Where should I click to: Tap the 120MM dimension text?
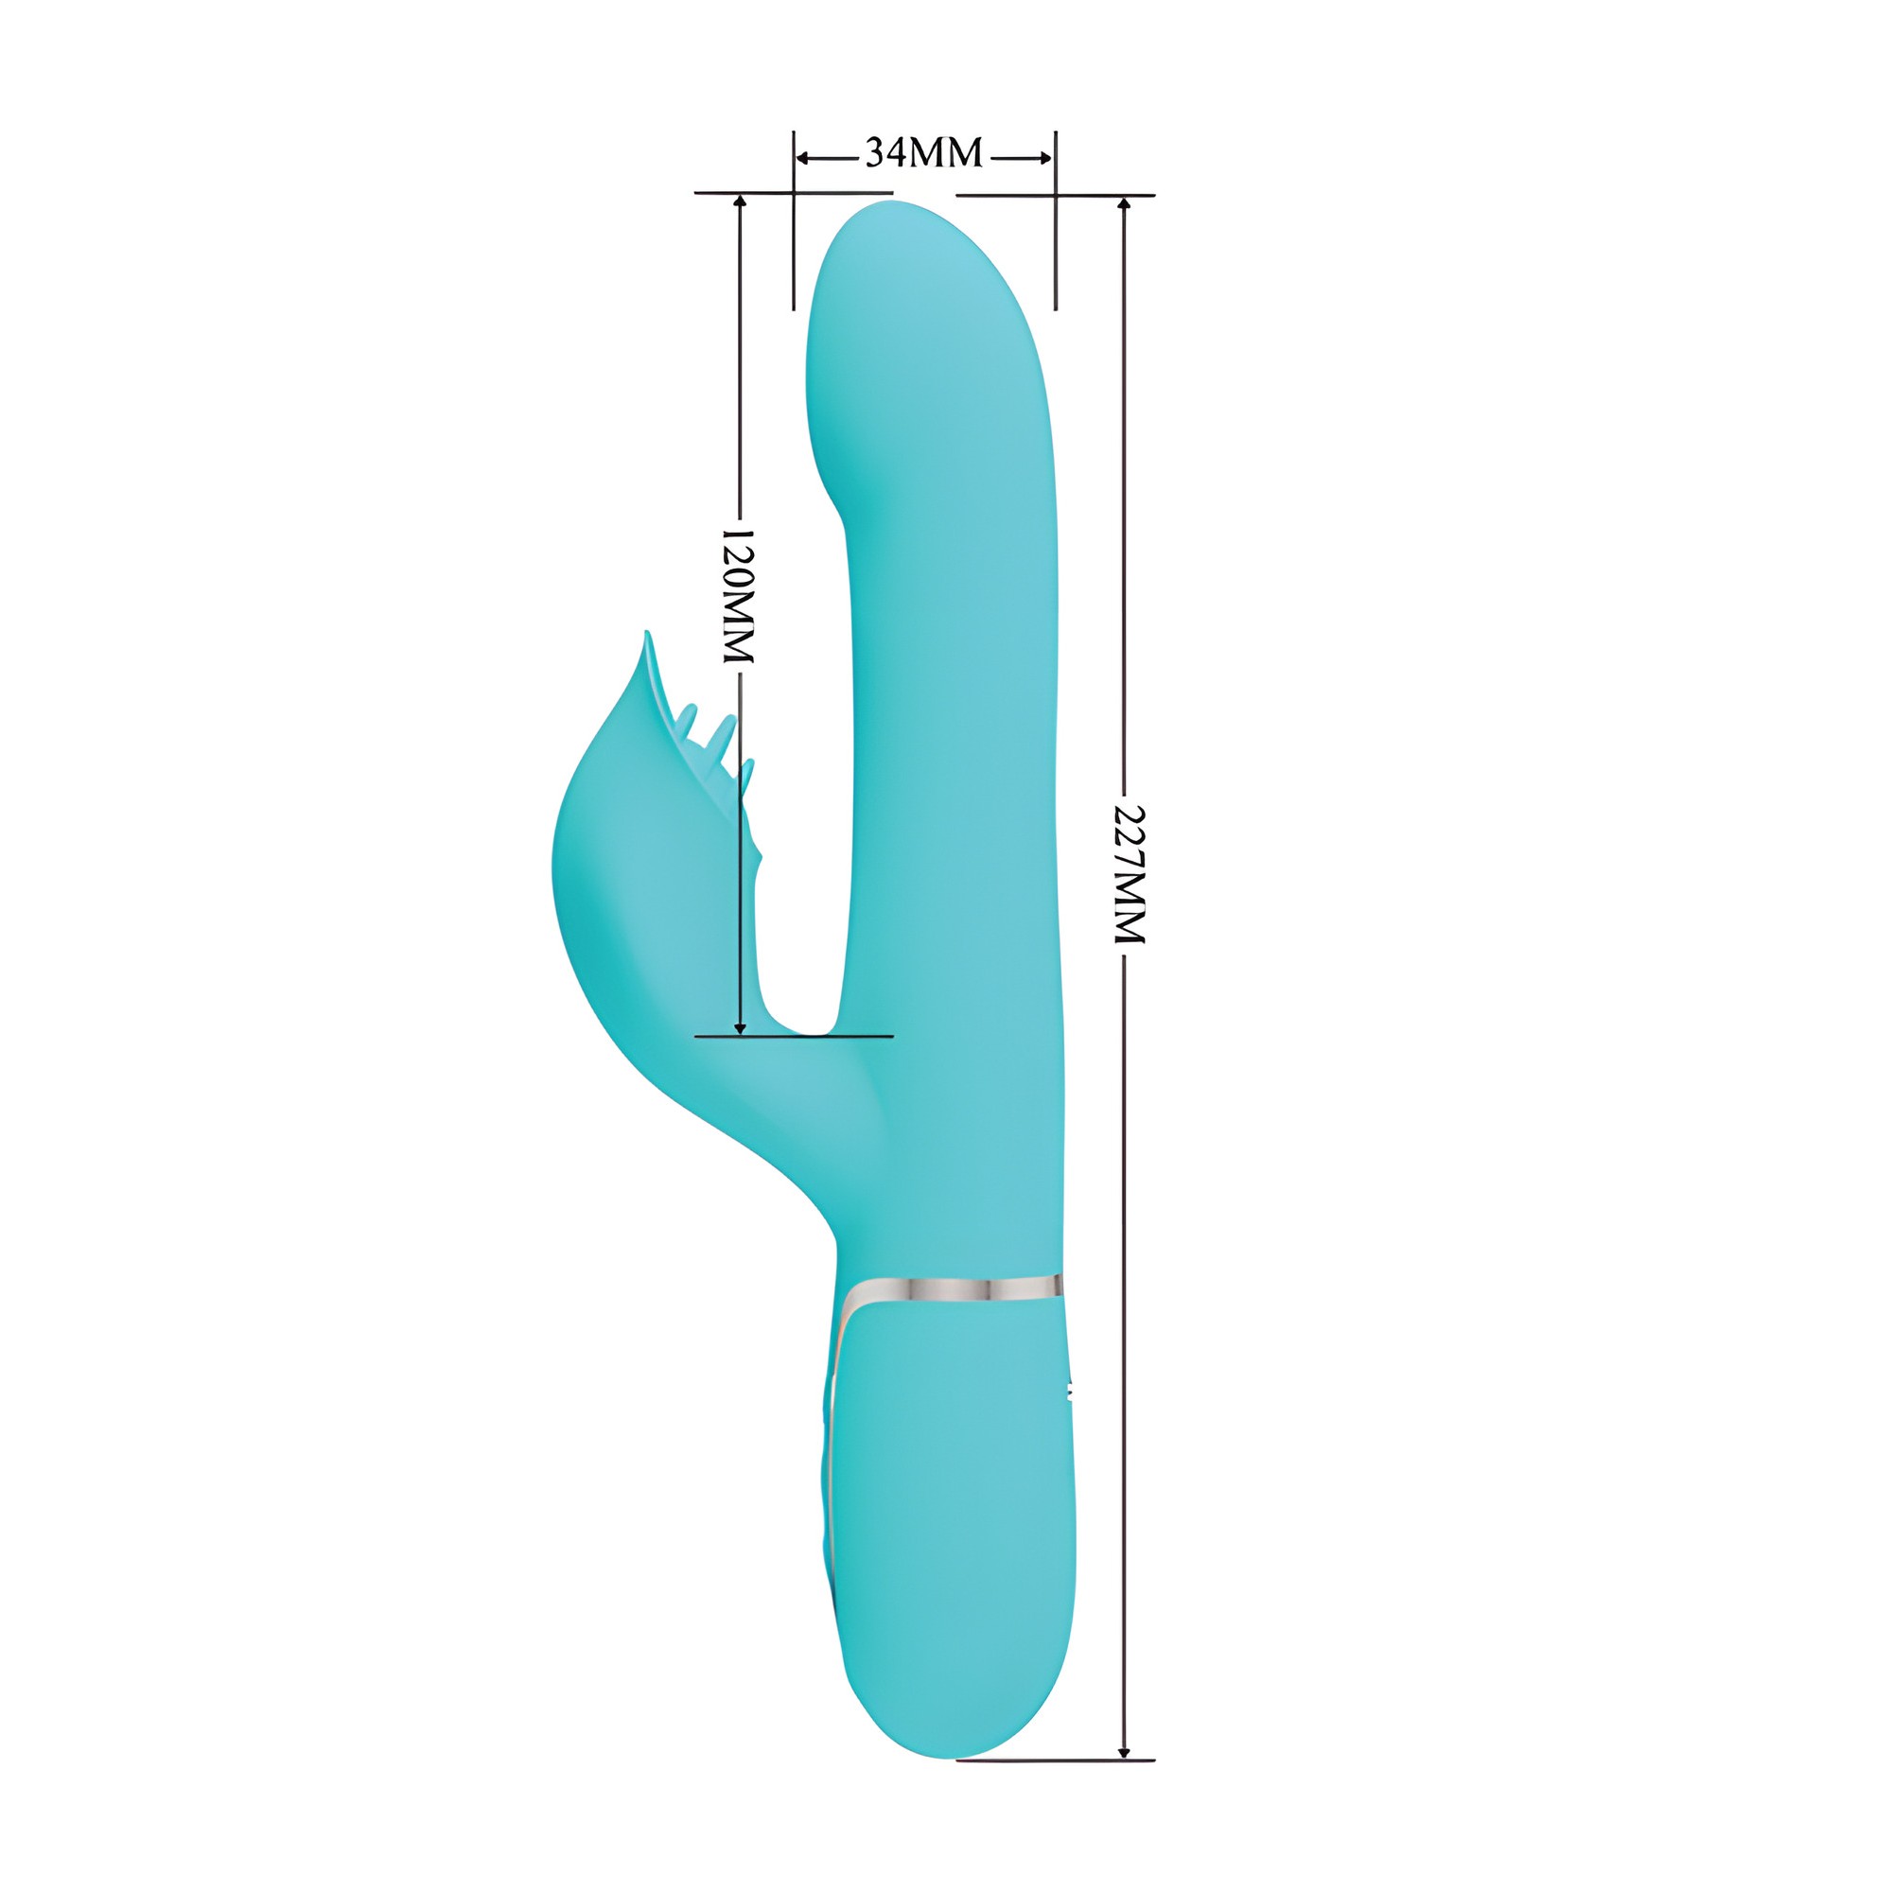[x=740, y=596]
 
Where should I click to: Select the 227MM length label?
[x=1130, y=874]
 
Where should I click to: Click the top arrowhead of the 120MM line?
[x=741, y=202]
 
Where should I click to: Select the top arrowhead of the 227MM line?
[x=1124, y=204]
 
